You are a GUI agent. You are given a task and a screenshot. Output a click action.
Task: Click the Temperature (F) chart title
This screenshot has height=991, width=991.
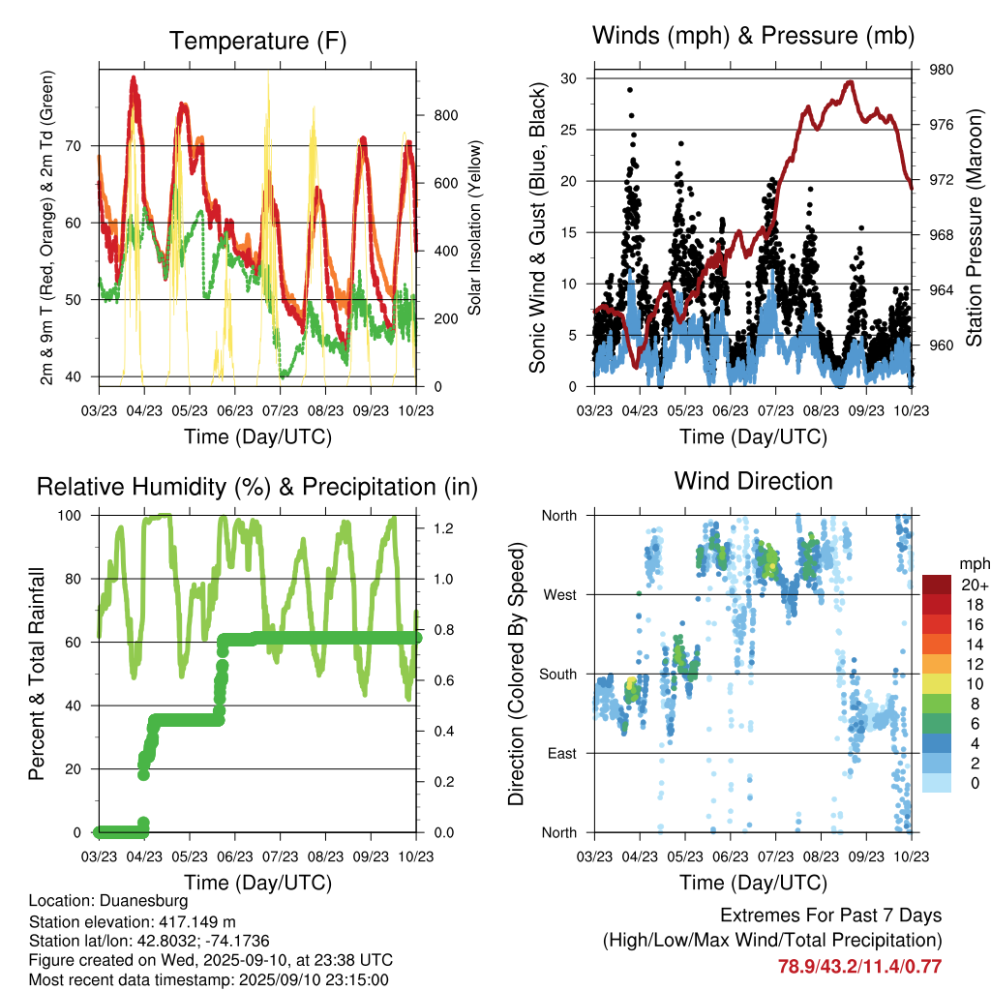point(257,41)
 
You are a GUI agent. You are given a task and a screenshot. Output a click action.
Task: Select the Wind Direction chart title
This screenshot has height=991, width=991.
point(753,480)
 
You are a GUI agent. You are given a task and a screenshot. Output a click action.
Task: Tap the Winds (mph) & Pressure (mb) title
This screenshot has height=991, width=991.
point(753,37)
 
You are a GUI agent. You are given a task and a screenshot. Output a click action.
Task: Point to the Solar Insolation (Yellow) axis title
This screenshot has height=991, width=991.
point(474,227)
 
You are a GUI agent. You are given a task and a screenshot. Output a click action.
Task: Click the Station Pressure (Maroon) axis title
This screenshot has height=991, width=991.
point(975,227)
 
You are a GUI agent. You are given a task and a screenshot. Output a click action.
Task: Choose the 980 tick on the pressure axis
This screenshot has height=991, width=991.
point(942,70)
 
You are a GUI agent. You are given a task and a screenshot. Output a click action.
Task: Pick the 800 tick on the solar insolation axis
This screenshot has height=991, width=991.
point(446,115)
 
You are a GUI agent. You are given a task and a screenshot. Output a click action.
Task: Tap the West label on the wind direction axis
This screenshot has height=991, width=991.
point(558,594)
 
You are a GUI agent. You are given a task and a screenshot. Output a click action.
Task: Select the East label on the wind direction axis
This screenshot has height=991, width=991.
point(560,753)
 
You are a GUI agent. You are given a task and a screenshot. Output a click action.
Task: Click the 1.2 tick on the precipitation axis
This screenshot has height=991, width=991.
point(442,528)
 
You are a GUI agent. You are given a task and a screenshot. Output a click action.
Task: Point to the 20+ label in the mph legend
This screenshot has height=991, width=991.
point(974,585)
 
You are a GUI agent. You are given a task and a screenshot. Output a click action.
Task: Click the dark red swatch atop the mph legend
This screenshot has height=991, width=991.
point(936,585)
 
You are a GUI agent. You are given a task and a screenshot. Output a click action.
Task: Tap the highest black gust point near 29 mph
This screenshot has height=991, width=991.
point(630,90)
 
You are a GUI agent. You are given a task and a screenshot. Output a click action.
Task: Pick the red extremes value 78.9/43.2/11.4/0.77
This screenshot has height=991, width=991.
point(859,966)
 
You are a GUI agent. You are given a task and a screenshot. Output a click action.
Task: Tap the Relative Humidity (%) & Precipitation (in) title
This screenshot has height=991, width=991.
point(257,486)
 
